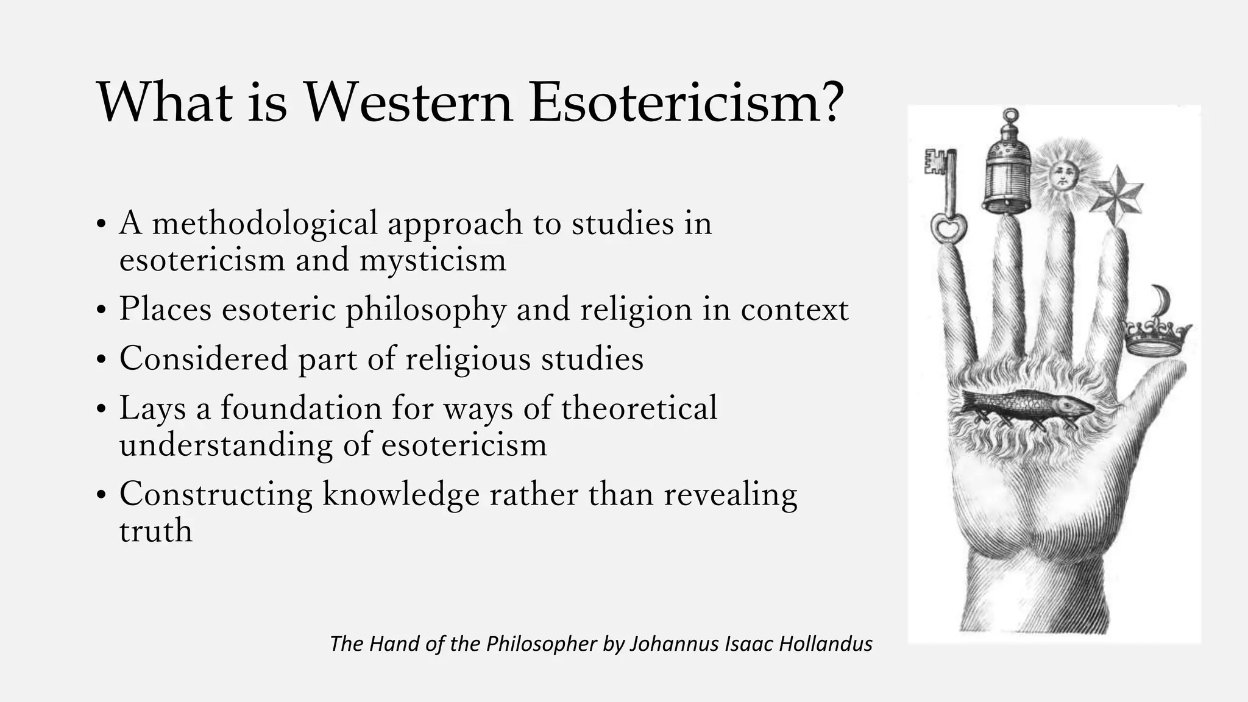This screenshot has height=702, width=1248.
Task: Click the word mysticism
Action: (433, 260)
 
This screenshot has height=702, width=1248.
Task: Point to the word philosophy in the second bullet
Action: (425, 310)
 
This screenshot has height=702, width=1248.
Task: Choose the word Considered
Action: (204, 358)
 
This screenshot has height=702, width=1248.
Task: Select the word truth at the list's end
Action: (156, 531)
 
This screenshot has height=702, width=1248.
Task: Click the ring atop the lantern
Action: (1011, 115)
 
